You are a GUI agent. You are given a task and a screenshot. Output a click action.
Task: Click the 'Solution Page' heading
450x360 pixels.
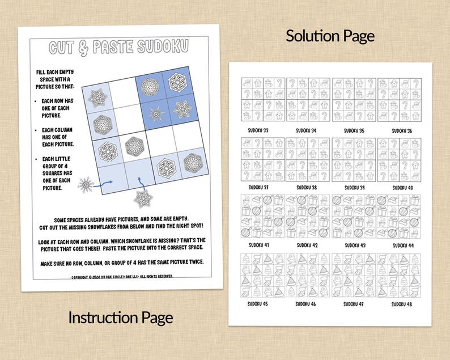click(x=330, y=36)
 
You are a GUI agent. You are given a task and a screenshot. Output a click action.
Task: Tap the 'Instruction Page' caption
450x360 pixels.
click(x=120, y=317)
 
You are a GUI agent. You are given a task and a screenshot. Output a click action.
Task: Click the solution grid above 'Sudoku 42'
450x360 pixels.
click(x=308, y=217)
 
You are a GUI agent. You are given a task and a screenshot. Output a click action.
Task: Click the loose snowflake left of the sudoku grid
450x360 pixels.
click(x=86, y=185)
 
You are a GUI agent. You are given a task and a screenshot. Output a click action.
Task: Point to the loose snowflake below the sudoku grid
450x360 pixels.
click(x=143, y=198)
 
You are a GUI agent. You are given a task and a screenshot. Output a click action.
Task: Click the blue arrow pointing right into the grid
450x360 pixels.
click(x=104, y=183)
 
